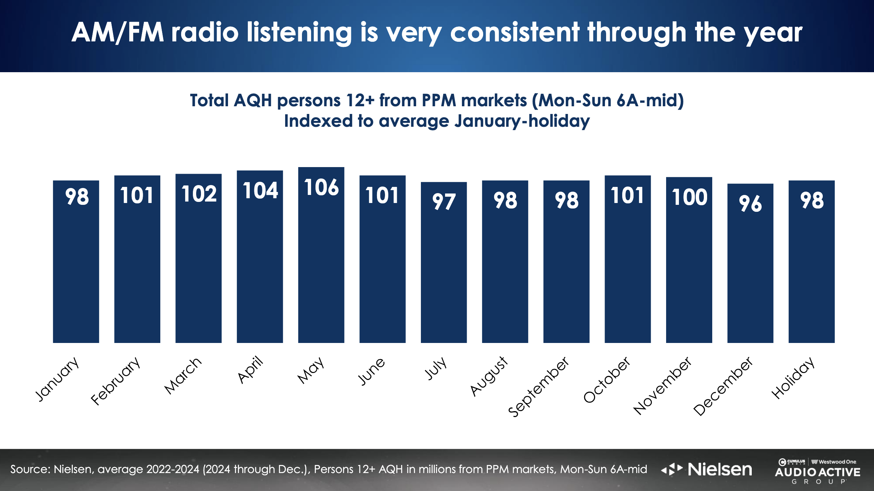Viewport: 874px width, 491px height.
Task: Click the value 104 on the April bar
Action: coord(260,191)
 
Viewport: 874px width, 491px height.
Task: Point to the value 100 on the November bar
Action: coord(689,197)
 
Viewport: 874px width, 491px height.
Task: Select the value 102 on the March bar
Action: coord(199,193)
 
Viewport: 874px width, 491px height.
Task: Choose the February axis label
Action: coord(115,381)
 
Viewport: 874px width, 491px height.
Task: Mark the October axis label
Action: coord(606,380)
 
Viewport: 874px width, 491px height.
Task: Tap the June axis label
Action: coord(371,371)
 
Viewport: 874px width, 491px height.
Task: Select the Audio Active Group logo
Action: coord(817,472)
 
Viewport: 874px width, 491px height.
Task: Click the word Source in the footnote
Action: coord(29,469)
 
